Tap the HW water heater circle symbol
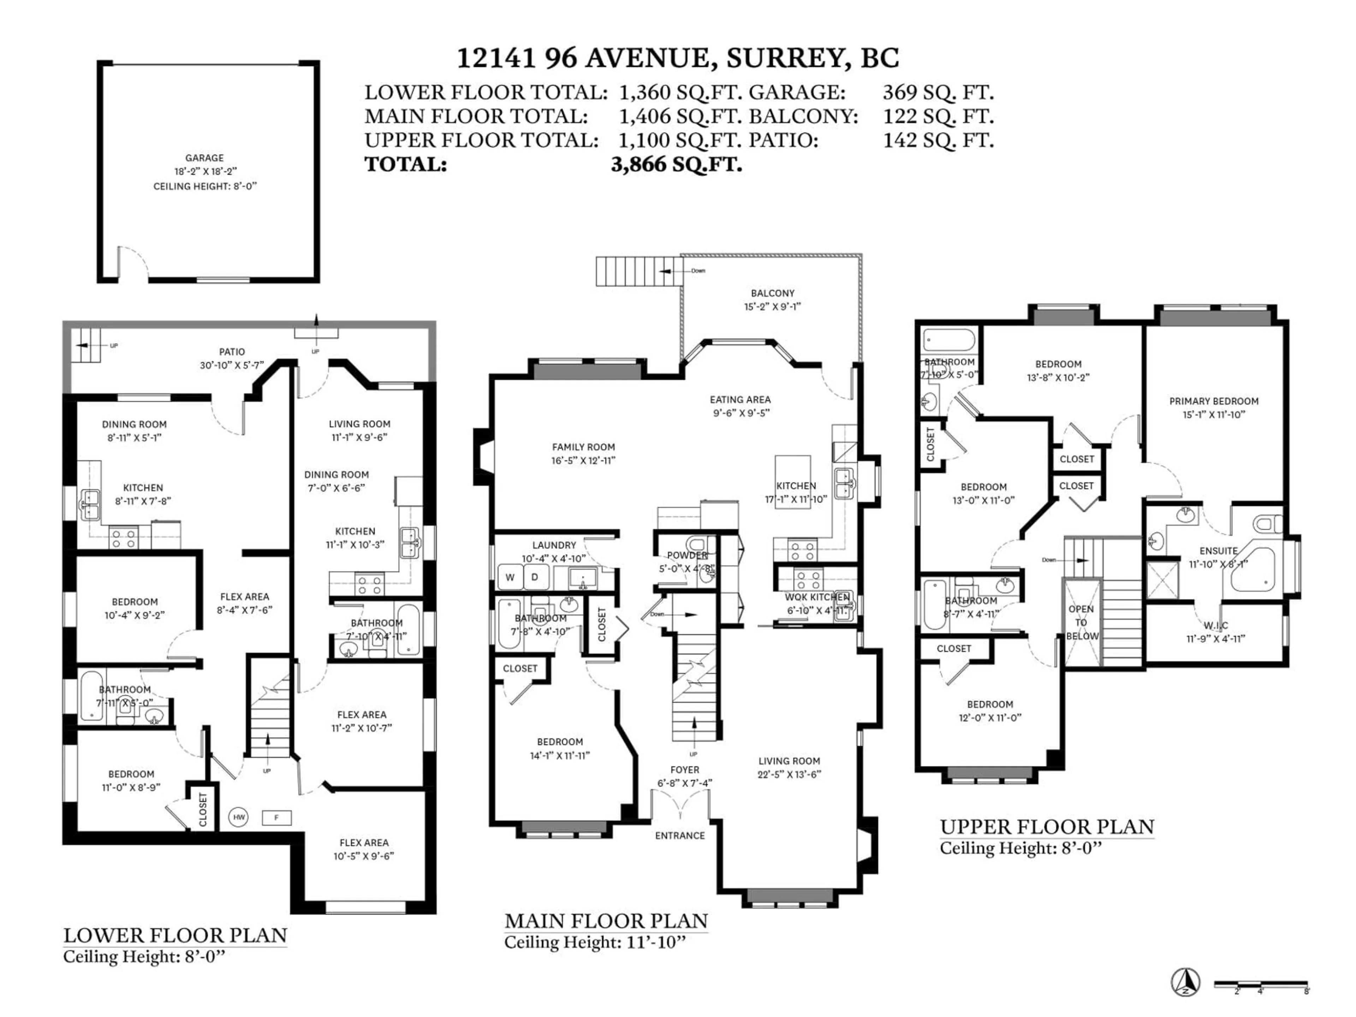pos(239,817)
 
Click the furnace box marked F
pos(276,817)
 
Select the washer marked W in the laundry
pos(510,577)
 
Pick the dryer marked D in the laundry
pos(535,577)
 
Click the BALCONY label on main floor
pos(772,293)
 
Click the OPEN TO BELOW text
pos(1081,622)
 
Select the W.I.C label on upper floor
pos(1215,625)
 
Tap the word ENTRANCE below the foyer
pos(680,835)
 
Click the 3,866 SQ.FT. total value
pos(676,164)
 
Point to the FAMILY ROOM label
pos(583,447)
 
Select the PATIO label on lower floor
pos(232,352)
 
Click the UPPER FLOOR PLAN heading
pos(1047,827)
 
